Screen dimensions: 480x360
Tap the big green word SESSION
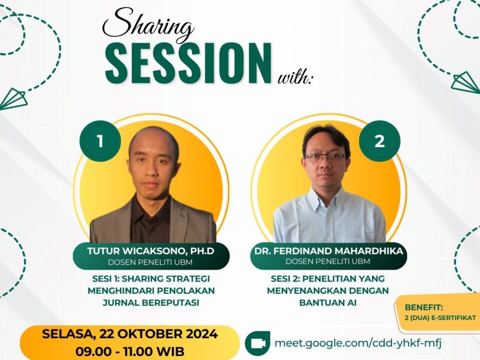coord(188,63)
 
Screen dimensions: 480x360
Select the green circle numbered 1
coord(100,141)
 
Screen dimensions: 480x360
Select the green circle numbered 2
coord(379,141)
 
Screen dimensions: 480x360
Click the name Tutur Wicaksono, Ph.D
coord(150,251)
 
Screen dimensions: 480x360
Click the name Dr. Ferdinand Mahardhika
coord(328,251)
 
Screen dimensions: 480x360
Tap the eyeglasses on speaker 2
coord(325,157)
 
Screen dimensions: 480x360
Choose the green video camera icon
coord(257,343)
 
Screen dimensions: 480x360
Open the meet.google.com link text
coord(358,343)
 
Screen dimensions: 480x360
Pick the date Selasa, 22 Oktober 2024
coord(130,333)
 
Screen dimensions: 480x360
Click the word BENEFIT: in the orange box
coord(423,307)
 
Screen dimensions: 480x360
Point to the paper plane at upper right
coord(465,82)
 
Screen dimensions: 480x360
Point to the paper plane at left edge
coord(13,98)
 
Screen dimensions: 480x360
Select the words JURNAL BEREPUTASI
coord(151,302)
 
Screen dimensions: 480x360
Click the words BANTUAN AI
coord(328,302)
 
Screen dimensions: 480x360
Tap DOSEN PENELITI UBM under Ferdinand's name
coord(328,261)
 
